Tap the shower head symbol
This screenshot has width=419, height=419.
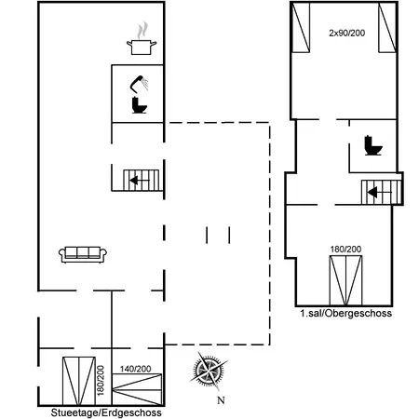(139, 83)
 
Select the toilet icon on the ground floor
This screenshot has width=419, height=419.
(140, 105)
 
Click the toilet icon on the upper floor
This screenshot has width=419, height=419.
(373, 145)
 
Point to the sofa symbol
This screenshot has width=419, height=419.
(83, 255)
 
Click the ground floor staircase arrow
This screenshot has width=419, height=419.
(140, 180)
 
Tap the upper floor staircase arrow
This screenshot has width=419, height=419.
(379, 193)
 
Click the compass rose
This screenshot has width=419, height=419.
(208, 371)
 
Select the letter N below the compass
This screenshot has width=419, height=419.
(221, 400)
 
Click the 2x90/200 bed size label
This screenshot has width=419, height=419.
(347, 33)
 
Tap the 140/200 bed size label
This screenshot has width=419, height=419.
(136, 369)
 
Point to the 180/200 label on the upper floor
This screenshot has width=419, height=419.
(345, 250)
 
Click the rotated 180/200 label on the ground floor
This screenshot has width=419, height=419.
(101, 380)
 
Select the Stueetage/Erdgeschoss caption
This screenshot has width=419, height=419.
(106, 412)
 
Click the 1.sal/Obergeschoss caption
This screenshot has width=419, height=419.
(346, 313)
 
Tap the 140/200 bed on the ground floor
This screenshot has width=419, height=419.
(137, 389)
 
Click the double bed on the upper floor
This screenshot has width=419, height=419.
(345, 280)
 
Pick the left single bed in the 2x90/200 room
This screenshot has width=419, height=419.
(301, 27)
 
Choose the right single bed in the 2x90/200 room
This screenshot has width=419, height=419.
(387, 27)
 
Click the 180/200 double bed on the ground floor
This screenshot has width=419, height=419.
(79, 381)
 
